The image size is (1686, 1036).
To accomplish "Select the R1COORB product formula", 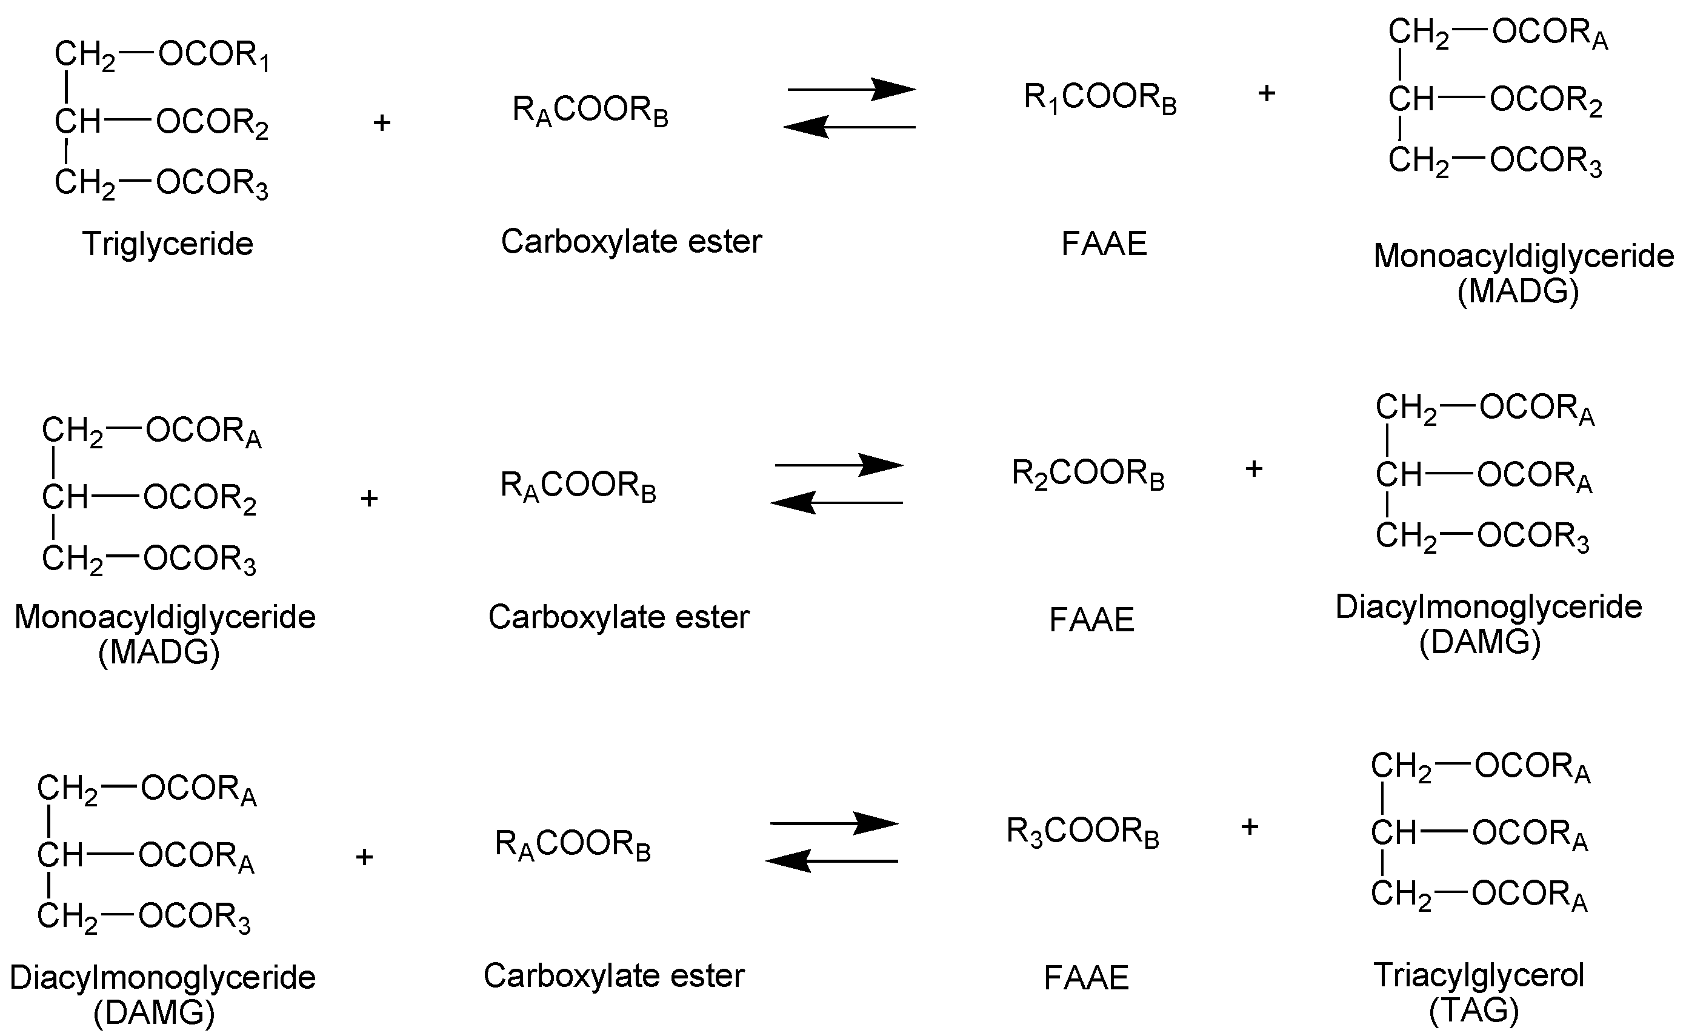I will [x=1100, y=98].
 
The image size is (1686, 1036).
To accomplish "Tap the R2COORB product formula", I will [x=1088, y=474].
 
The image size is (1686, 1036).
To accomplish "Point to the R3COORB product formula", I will [x=1082, y=832].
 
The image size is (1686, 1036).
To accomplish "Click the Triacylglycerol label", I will [x=1479, y=975].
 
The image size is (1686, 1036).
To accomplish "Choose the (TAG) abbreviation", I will [x=1473, y=1010].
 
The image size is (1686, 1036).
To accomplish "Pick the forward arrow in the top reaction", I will [x=851, y=89].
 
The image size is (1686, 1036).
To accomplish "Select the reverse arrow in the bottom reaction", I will [x=831, y=860].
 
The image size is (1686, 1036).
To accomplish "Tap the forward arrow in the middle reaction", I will [x=839, y=465].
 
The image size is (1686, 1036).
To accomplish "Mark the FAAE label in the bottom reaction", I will [x=1085, y=978].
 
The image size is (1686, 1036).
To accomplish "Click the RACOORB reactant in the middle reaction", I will [x=578, y=486].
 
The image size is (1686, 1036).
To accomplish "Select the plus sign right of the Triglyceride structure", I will [x=382, y=124].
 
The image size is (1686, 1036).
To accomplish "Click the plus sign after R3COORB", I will [x=1250, y=827].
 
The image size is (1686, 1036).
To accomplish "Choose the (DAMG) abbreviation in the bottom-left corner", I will [x=154, y=1013].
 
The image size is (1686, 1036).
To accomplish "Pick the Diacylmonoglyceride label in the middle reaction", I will [x=1488, y=607].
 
